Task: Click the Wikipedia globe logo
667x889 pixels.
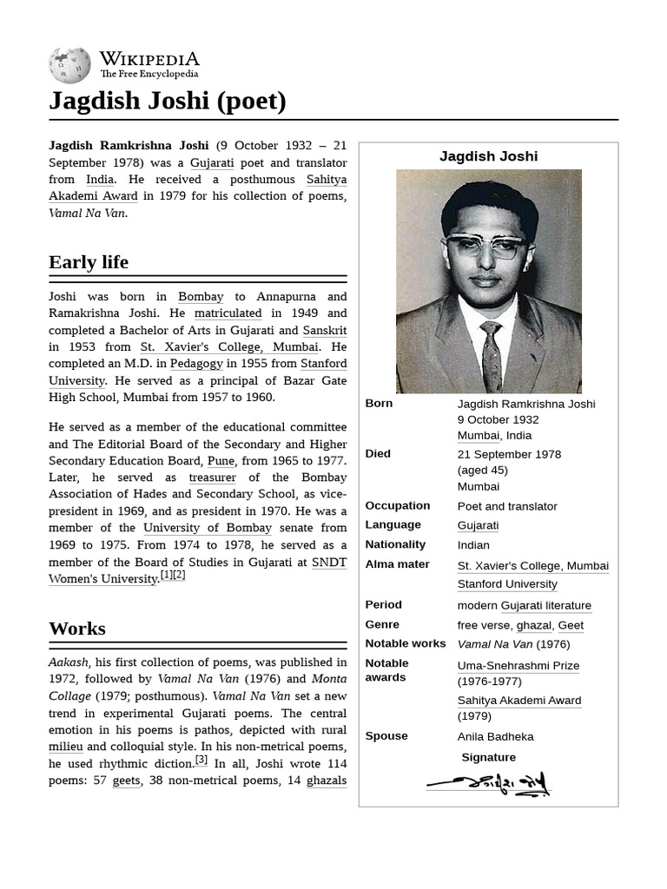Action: click(x=69, y=65)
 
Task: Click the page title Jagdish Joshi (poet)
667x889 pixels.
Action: click(x=168, y=102)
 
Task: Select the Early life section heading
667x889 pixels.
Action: click(x=89, y=262)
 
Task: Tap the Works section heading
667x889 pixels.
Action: click(x=77, y=629)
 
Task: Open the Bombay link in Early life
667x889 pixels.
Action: click(x=201, y=296)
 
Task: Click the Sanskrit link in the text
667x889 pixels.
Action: click(x=324, y=330)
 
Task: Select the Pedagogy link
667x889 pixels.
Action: click(x=196, y=364)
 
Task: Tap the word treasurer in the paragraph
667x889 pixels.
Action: click(x=212, y=477)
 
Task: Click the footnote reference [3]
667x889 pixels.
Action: click(x=201, y=761)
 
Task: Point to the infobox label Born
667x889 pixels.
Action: click(x=379, y=403)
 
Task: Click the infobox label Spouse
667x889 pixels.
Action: click(x=386, y=735)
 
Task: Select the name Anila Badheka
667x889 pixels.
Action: click(x=495, y=736)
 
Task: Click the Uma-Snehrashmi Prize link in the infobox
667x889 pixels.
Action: click(x=518, y=666)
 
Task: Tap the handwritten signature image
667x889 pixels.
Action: click(x=488, y=783)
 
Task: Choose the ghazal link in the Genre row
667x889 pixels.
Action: click(x=533, y=625)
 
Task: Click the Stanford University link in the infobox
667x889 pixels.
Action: click(x=507, y=584)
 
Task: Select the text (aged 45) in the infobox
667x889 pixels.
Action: click(x=482, y=470)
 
